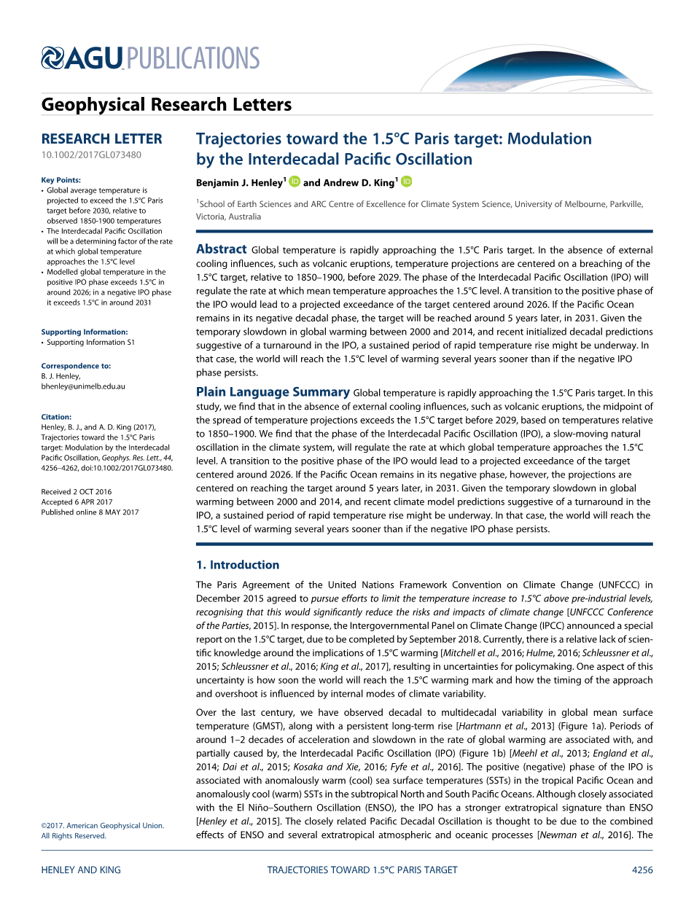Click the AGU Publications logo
point(150,58)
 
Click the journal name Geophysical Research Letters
point(166,105)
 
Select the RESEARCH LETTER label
point(101,138)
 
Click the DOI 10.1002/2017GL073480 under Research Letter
point(91,155)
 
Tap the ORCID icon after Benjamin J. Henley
point(295,181)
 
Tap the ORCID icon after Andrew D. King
point(406,181)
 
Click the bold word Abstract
point(222,249)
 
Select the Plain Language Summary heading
point(273,392)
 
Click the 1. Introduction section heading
point(238,565)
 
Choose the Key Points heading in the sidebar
point(61,180)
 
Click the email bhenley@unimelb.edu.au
point(83,386)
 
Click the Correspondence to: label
point(76,366)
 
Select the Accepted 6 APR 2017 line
point(77,502)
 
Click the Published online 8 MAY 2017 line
point(90,512)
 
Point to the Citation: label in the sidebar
point(56,417)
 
